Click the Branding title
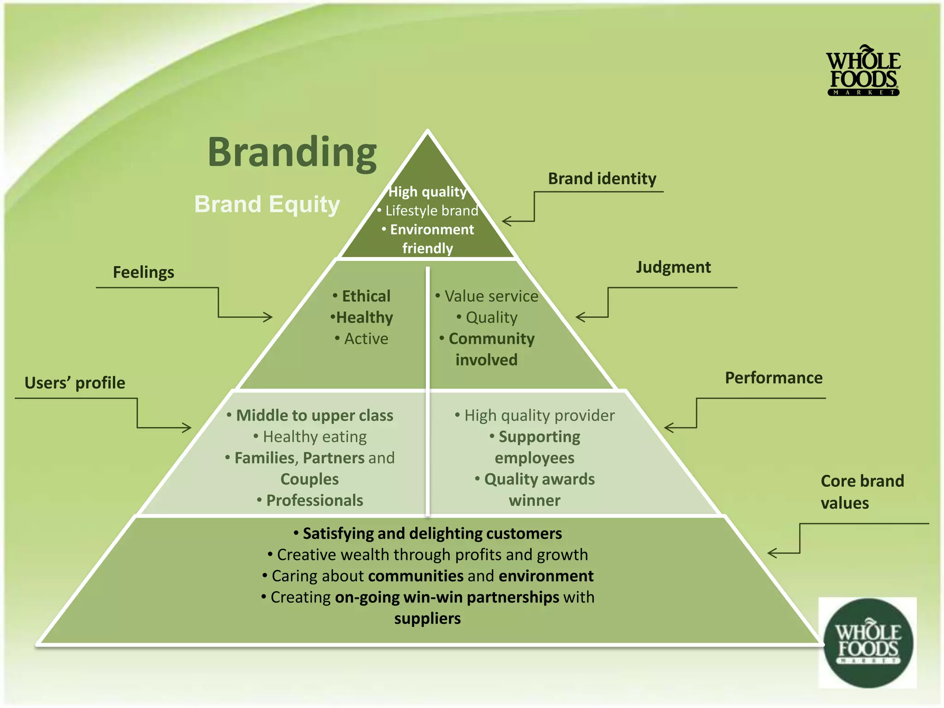tap(292, 153)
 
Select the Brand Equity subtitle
tap(267, 204)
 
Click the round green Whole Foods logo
tap(868, 643)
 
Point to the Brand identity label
tap(602, 179)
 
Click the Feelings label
tap(143, 272)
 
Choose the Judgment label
tap(673, 267)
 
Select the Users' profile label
tap(75, 383)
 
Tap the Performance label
tap(773, 378)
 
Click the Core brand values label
tap(862, 492)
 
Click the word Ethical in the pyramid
tap(366, 296)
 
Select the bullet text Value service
tap(491, 296)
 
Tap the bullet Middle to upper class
tap(314, 415)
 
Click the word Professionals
tap(314, 501)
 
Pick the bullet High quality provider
tap(539, 415)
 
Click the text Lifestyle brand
tap(431, 211)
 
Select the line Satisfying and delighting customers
tap(432, 533)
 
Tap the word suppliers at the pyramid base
tap(427, 619)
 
